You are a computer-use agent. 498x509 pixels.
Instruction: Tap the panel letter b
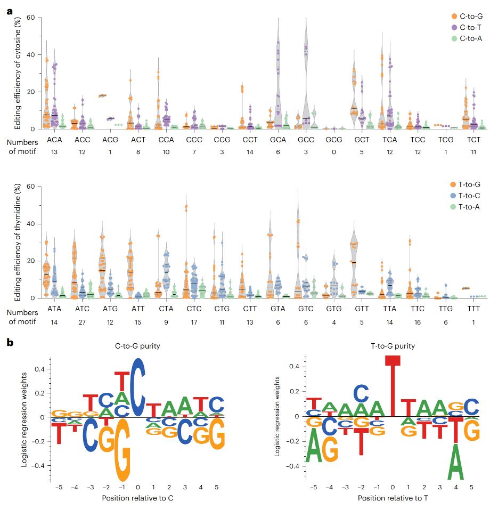tap(10, 342)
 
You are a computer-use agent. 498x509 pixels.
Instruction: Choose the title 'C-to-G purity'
tap(137, 346)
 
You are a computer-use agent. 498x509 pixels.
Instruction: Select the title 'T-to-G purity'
tap(393, 346)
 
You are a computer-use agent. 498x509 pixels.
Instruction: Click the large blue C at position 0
tap(138, 387)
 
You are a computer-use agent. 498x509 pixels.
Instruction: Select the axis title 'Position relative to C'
tap(138, 498)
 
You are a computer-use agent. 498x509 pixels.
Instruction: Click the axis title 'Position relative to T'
tap(393, 498)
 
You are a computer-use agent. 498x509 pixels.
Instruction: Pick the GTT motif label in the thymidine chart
tap(354, 309)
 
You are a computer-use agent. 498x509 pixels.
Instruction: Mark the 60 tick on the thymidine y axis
tap(31, 187)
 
